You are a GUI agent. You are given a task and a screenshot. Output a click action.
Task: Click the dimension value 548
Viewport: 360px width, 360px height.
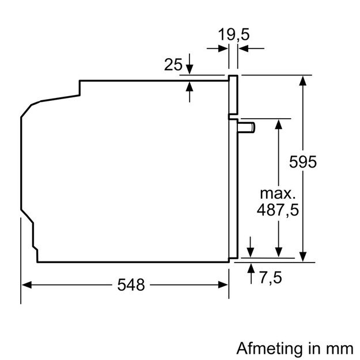tap(131, 284)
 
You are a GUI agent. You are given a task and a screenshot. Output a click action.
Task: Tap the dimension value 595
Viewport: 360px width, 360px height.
tap(303, 162)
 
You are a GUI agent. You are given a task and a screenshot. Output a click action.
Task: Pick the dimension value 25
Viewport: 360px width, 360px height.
tap(173, 65)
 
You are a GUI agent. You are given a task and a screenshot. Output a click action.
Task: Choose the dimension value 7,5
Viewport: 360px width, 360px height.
tap(270, 278)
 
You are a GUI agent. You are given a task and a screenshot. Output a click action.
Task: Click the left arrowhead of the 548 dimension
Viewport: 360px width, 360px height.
tap(26, 284)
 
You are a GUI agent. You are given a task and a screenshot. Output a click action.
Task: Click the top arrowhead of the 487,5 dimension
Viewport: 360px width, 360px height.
tap(278, 123)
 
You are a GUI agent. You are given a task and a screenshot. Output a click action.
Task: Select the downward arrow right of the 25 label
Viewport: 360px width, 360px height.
tap(190, 69)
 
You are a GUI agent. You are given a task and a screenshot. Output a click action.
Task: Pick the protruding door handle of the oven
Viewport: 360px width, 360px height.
tap(247, 126)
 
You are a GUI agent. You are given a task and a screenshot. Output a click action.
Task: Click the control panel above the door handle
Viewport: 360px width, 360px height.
tap(233, 95)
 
